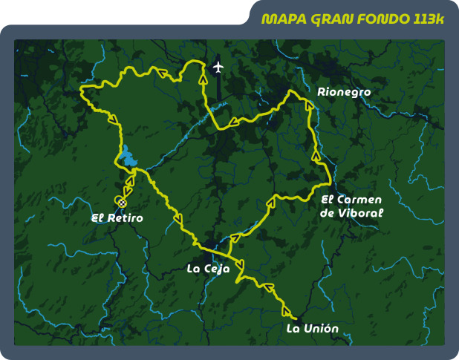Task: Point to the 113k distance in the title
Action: pos(426,19)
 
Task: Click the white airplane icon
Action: pos(218,68)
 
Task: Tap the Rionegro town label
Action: pos(343,92)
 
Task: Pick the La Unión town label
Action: pos(312,328)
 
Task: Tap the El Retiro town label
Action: pos(117,218)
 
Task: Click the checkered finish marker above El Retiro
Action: pos(121,202)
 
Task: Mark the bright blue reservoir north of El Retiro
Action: pos(129,160)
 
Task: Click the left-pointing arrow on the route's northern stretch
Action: pos(158,71)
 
